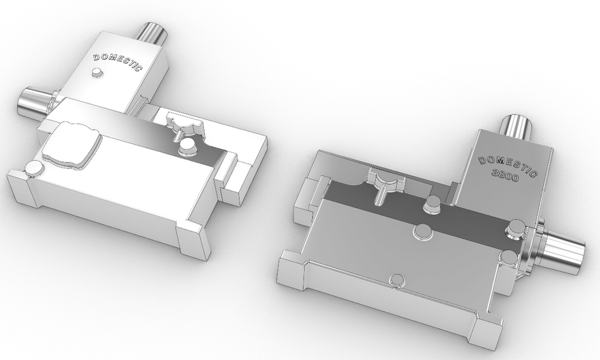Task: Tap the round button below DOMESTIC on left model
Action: pyautogui.click(x=96, y=72)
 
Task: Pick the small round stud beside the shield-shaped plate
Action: pyautogui.click(x=33, y=167)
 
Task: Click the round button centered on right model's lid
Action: pyautogui.click(x=422, y=230)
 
